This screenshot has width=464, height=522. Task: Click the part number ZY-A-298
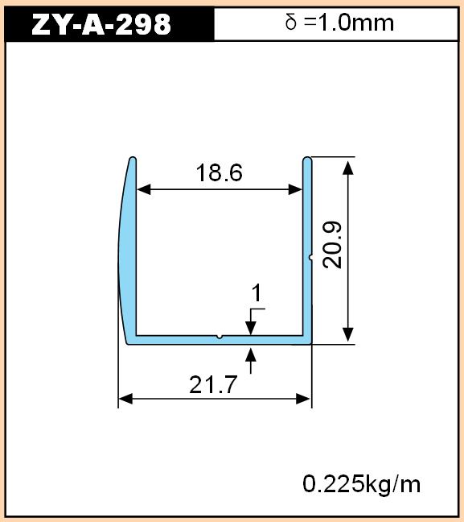(101, 24)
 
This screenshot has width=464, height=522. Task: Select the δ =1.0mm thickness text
(339, 23)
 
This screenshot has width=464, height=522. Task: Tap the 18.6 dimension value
(220, 172)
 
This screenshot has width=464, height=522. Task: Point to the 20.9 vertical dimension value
(332, 245)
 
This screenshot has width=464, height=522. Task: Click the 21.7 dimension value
(213, 384)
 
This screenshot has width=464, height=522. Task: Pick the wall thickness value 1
(257, 293)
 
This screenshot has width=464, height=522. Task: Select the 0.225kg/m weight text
(362, 484)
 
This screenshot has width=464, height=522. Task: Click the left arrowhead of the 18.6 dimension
(144, 189)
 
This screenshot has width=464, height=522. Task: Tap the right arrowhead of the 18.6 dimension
(295, 189)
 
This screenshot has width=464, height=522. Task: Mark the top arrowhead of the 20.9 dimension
(348, 168)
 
